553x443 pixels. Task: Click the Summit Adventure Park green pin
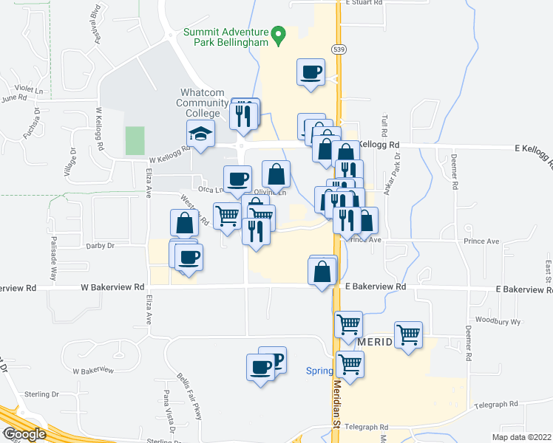click(x=278, y=35)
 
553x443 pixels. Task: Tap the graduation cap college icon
click(x=199, y=134)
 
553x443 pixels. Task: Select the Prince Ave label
click(x=482, y=241)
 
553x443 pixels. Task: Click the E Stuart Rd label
click(x=363, y=3)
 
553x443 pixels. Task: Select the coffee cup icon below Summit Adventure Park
click(x=311, y=72)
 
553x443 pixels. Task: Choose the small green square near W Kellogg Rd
click(x=135, y=140)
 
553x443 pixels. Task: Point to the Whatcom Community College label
click(x=202, y=103)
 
